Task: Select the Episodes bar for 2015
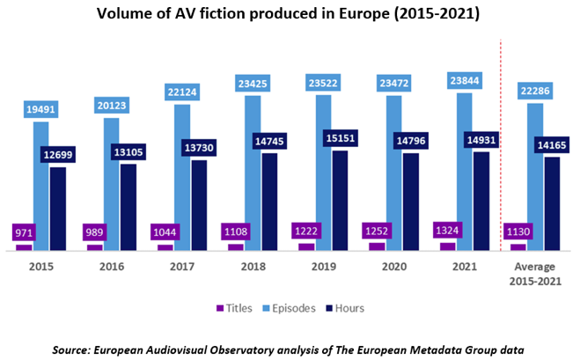tap(40, 185)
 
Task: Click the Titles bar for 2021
tap(447, 246)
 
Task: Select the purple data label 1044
tap(165, 232)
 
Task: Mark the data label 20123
tap(111, 105)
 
